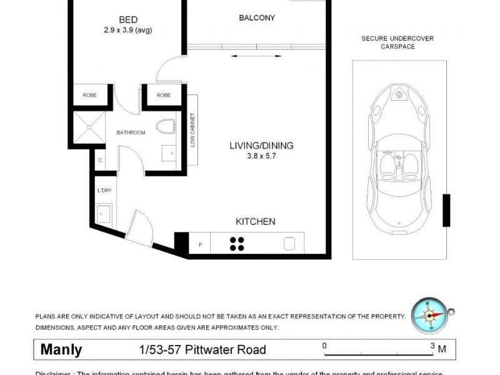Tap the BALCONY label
pos(256,17)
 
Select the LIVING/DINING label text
pos(261,146)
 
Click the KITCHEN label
pos(255,222)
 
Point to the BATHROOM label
pos(130,132)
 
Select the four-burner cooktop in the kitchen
pos(237,244)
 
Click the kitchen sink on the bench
pos(290,244)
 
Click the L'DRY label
pos(104,190)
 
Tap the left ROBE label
pos(89,95)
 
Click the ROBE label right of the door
pos(164,95)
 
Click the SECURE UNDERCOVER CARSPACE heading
pos(397,42)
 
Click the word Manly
pos(61,350)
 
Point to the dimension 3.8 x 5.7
pos(261,156)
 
